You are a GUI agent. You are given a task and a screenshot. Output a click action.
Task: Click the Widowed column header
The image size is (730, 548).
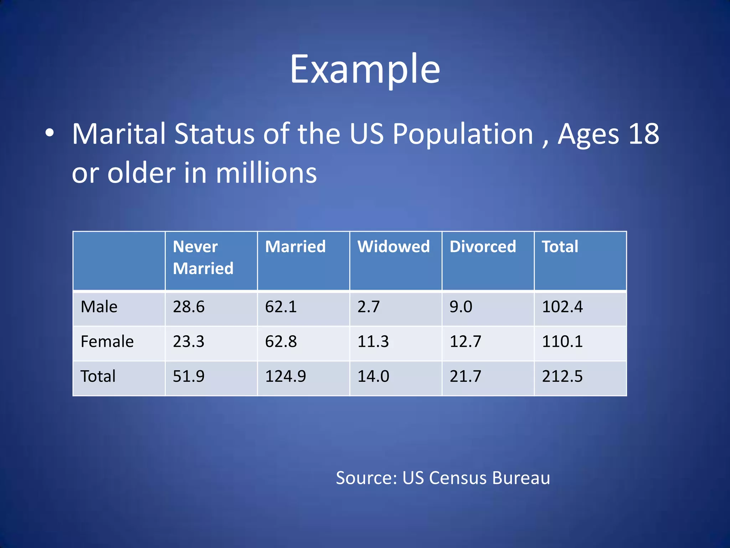[394, 247]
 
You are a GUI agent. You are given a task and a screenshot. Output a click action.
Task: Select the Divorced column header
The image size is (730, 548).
[483, 247]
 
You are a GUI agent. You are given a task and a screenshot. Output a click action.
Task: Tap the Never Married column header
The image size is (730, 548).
[203, 257]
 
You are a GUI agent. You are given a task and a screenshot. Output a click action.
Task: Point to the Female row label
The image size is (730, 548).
[107, 341]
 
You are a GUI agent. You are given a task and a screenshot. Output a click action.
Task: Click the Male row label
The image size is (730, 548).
[99, 307]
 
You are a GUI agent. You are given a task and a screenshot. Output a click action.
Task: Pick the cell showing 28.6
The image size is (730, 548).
[189, 307]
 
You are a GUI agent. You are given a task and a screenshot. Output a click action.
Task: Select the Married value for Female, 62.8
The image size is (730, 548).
[281, 341]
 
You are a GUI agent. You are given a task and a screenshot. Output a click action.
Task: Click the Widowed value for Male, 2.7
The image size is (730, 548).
[369, 307]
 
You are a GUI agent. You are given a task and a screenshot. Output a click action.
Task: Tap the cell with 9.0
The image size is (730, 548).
[461, 307]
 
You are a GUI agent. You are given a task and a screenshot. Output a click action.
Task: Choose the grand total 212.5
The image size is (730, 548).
[562, 376]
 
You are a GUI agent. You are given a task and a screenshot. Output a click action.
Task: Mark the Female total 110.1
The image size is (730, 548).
[562, 341]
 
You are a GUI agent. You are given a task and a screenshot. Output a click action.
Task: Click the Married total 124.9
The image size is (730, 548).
[286, 376]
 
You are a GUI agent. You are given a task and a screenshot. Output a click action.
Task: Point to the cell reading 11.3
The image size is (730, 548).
[373, 341]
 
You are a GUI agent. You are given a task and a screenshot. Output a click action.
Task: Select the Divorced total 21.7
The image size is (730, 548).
[466, 376]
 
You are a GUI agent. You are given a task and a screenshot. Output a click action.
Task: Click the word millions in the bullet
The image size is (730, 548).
[266, 173]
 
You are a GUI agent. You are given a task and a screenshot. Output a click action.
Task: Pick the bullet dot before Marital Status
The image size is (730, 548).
[50, 133]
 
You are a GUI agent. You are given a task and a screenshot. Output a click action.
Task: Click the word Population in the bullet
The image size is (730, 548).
[463, 134]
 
